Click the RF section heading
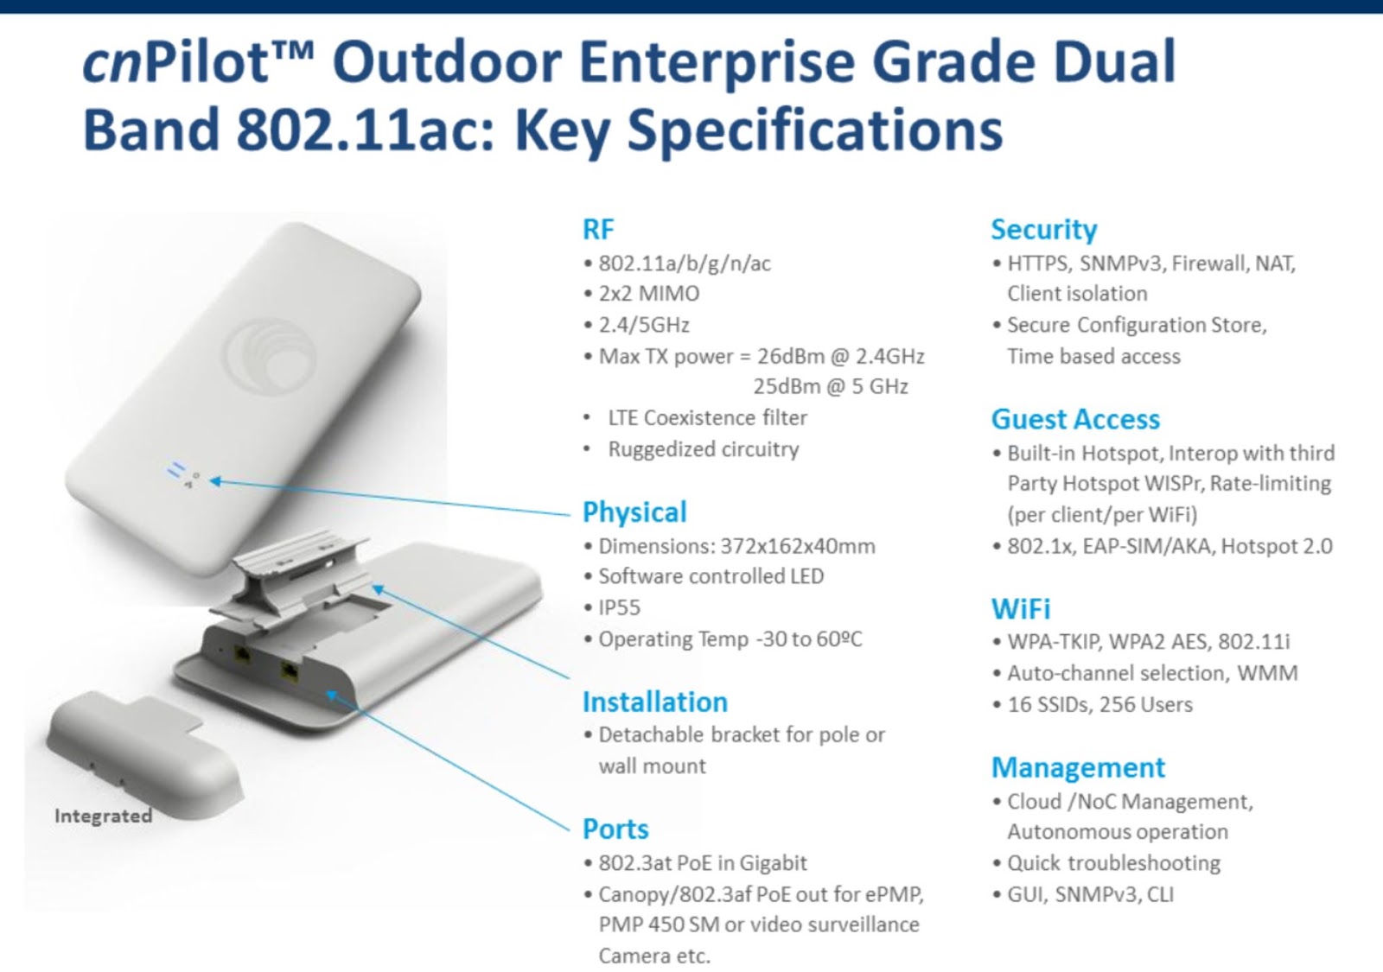point(597,230)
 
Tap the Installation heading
point(655,702)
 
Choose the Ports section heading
point(615,829)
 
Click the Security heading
point(1044,230)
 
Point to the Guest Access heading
point(1075,420)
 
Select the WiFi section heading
point(1021,609)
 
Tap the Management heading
point(1078,768)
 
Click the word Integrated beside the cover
point(103,816)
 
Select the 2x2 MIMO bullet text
point(649,294)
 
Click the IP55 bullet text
point(619,608)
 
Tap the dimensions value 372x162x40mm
point(798,546)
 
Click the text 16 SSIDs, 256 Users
point(1099,705)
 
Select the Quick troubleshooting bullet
point(1114,863)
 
